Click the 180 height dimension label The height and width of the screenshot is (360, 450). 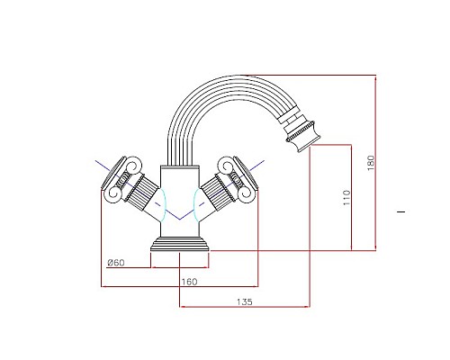click(x=369, y=162)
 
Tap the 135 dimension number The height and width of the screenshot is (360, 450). click(x=244, y=301)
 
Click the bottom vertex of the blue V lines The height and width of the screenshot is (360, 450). click(x=182, y=220)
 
